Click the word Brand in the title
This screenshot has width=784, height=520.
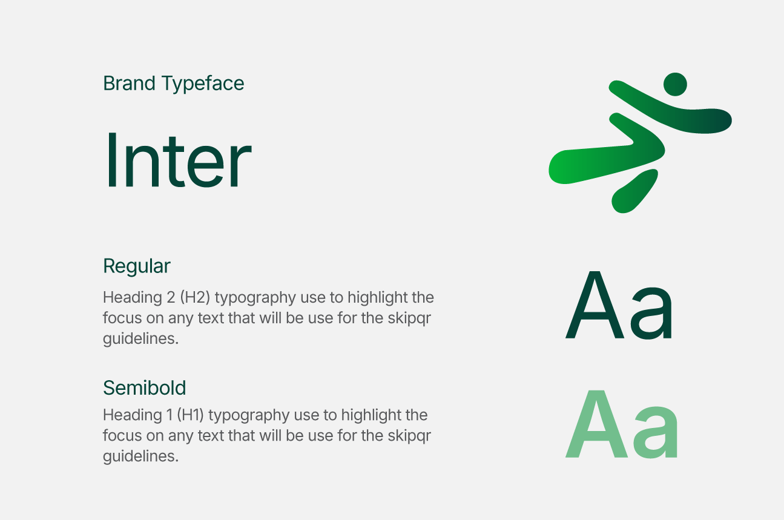tap(129, 84)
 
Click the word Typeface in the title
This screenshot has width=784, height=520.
tap(203, 85)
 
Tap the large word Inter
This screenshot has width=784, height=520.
tap(177, 160)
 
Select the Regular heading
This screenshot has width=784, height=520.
tap(136, 266)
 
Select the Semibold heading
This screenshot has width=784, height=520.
tap(145, 387)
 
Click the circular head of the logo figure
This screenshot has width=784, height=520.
tap(675, 84)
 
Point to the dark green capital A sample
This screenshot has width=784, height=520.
tap(595, 304)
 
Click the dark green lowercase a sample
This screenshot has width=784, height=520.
tap(651, 313)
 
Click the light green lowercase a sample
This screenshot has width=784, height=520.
tap(655, 432)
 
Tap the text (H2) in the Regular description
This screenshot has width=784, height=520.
tap(195, 298)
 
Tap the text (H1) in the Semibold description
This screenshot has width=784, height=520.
tap(190, 415)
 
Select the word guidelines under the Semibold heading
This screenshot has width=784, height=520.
tap(140, 456)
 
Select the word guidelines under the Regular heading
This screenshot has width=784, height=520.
tap(140, 339)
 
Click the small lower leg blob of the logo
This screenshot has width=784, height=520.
tap(634, 191)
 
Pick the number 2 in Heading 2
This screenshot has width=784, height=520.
tap(171, 297)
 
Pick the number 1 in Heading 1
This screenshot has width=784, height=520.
tap(170, 415)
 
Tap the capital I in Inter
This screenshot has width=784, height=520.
tap(111, 160)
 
